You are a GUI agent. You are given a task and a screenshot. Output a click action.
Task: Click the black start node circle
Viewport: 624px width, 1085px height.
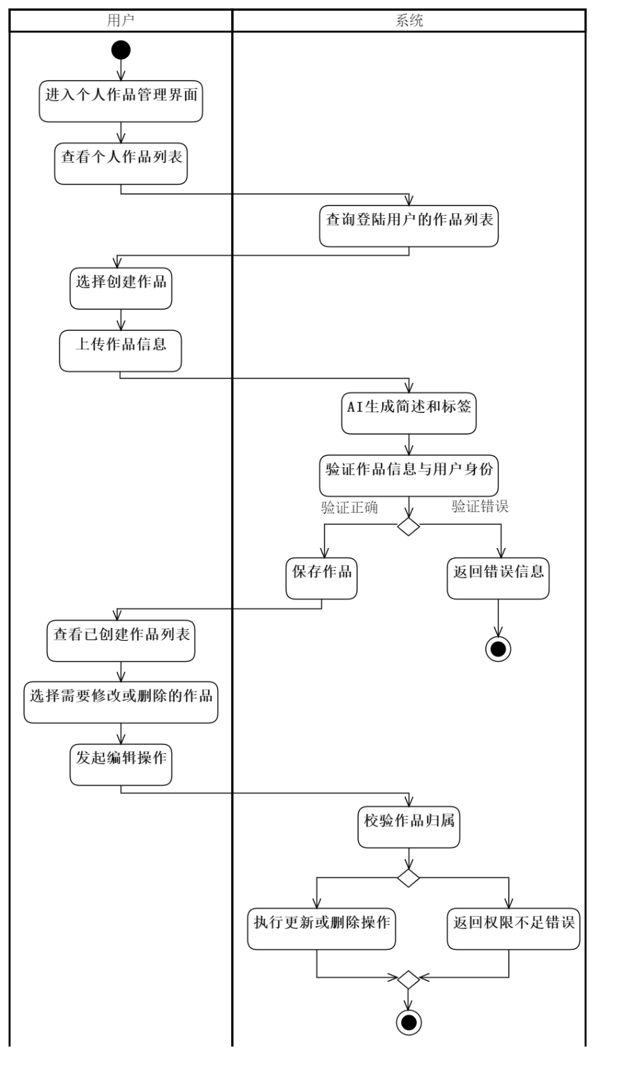point(121,50)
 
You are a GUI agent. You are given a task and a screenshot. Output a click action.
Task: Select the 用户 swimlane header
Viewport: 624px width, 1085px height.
point(121,21)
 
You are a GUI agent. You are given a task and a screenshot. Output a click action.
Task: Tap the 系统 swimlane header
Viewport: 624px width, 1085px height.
point(409,21)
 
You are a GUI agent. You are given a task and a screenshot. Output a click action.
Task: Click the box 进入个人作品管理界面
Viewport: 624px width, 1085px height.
point(121,101)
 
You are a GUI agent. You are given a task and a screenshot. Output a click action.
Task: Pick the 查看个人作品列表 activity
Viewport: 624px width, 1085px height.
point(121,163)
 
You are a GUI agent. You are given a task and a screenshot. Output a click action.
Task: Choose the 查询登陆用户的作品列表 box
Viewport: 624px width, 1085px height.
point(409,226)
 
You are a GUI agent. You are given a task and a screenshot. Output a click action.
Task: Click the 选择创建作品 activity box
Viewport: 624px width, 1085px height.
point(121,288)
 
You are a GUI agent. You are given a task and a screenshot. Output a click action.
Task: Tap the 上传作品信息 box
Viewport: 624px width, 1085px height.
point(121,351)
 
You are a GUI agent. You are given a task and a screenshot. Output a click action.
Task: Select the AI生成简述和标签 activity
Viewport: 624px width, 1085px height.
point(409,413)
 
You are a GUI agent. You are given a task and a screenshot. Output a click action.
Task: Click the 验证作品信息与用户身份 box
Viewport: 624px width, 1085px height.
point(409,475)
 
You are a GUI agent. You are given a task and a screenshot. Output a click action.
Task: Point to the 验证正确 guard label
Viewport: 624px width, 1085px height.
point(349,507)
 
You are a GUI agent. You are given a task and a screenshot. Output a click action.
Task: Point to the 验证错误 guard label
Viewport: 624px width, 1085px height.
point(480,506)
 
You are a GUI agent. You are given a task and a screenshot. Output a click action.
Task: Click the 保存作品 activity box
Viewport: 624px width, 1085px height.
point(321,578)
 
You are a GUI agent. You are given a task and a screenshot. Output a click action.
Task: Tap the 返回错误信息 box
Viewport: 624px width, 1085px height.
point(498,578)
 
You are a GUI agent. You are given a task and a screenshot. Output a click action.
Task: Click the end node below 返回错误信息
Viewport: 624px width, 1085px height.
point(498,649)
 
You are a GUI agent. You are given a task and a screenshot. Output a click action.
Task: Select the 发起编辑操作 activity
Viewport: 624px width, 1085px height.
point(121,764)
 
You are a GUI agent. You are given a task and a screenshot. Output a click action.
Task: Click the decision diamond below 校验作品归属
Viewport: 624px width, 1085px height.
point(409,878)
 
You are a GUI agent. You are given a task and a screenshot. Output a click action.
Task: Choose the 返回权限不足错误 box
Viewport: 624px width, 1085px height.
point(513,928)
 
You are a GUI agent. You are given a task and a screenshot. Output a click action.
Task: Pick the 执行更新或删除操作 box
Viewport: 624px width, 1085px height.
point(321,928)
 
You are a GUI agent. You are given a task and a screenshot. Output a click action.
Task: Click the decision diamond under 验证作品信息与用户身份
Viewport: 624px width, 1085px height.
point(409,526)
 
